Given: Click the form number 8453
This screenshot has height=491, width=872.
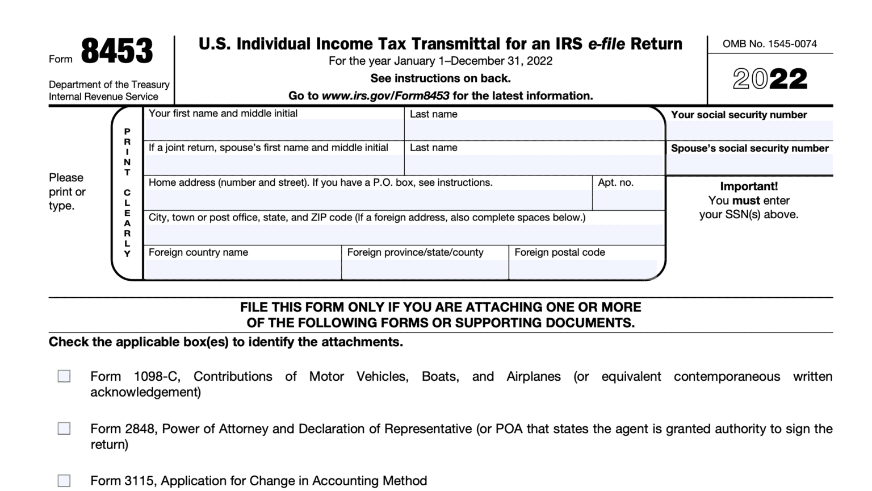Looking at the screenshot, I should coord(116,51).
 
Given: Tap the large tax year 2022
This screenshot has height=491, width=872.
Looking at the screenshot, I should coord(770,80).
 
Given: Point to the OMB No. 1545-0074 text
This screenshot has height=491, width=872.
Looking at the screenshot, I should coord(769,44).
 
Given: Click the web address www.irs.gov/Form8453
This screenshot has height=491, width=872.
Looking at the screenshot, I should coord(385,95).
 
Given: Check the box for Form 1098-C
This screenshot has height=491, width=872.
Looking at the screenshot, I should coord(64,376).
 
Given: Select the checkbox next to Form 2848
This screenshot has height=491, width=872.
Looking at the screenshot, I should coord(64,428).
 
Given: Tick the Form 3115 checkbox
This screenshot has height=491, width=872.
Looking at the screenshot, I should coord(64,481).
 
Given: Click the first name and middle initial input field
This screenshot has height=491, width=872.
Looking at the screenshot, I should coord(274,130).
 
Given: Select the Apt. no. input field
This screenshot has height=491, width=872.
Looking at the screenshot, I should coord(628,200).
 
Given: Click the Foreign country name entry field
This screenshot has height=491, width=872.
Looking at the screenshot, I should coord(242,269).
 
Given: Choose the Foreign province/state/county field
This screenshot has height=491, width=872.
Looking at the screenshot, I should coord(425,269).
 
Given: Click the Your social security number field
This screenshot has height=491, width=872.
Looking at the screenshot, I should coord(749,131).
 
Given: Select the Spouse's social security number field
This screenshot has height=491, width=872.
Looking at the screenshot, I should coord(749,164).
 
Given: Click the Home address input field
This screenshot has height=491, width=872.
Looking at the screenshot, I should coord(368,200).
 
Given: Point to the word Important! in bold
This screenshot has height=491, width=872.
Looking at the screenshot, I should coord(749,186).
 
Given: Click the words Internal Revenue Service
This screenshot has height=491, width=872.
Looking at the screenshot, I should coord(103,97).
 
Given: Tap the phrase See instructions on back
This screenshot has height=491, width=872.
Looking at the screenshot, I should coord(440,78).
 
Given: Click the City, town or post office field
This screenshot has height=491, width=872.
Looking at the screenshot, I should coord(404,234).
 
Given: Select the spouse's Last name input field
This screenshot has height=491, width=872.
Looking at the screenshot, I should coord(534,165).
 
